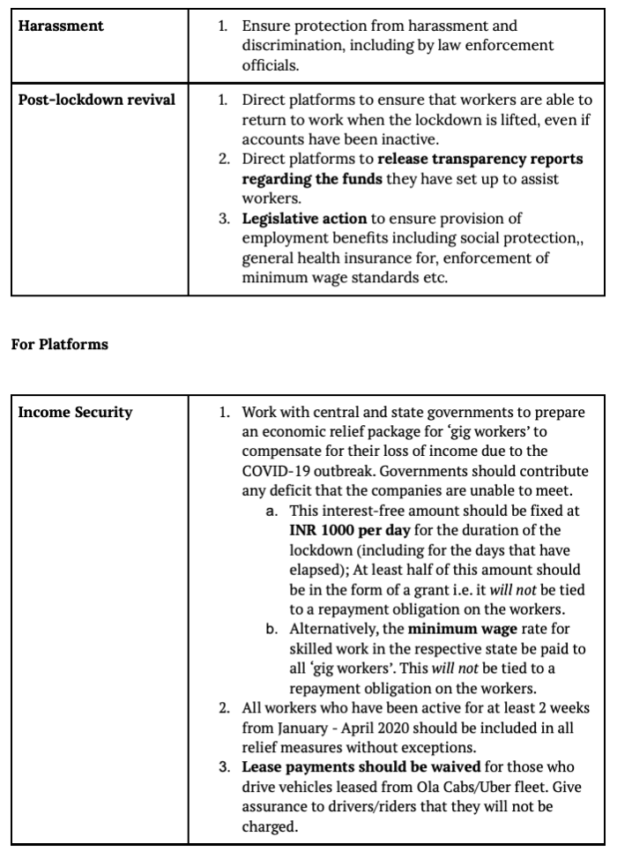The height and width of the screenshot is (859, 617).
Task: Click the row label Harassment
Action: point(61,26)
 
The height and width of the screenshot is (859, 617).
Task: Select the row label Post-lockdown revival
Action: point(97,99)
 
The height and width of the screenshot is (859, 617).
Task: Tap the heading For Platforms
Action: point(59,344)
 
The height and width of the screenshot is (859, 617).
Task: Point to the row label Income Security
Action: point(76,412)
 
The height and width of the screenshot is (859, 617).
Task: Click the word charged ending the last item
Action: point(268,825)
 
